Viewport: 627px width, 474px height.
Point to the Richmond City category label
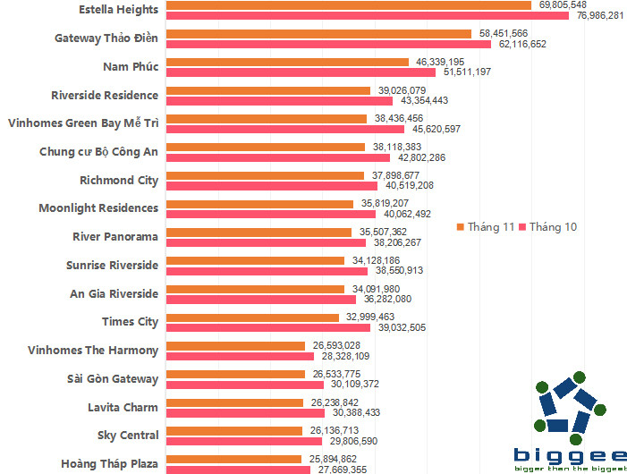(x=118, y=180)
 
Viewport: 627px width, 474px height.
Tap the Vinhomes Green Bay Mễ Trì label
(x=82, y=123)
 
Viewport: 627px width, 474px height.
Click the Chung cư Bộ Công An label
(x=98, y=151)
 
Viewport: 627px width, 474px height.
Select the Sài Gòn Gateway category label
(x=113, y=378)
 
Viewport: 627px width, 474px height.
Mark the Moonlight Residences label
(x=98, y=207)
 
